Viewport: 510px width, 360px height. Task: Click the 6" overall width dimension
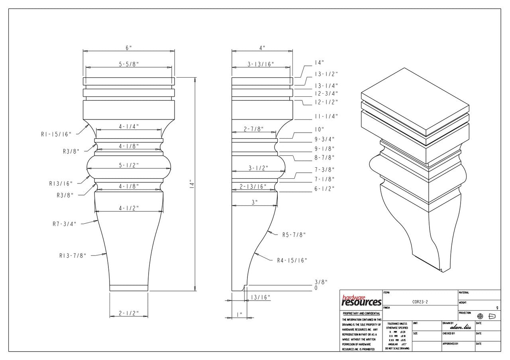[129, 48]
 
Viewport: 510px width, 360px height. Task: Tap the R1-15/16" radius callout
[56, 134]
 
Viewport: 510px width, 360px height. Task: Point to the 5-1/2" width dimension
[129, 165]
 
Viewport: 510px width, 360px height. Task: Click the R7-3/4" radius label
[64, 224]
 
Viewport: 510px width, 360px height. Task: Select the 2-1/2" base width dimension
[129, 313]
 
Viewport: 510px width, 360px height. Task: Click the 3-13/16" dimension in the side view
[261, 64]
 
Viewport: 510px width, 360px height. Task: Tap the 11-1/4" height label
[326, 116]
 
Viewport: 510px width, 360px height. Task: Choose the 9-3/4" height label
[325, 139]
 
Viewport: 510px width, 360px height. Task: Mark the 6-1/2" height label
[325, 188]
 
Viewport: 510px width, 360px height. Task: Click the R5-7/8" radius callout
[294, 235]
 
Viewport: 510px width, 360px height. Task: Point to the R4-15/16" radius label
[292, 260]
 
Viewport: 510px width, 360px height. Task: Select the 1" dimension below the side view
[239, 315]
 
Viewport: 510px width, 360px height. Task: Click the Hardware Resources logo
[362, 301]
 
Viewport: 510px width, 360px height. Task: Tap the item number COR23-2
[420, 303]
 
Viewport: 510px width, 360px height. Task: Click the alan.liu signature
[460, 327]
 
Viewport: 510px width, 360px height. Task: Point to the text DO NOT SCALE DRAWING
[397, 348]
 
